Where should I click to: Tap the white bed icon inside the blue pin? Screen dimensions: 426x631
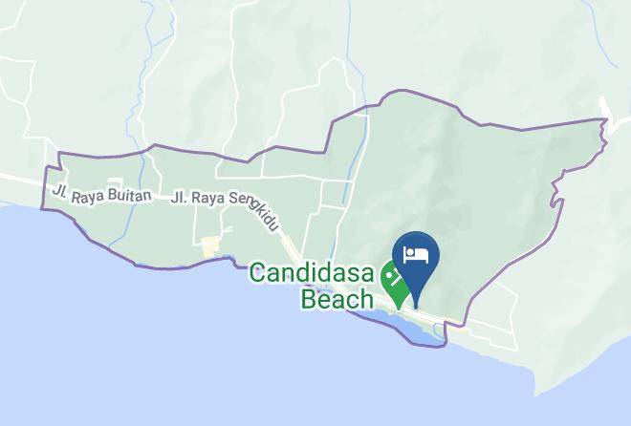coord(415,253)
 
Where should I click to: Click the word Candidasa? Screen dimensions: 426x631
coord(314,273)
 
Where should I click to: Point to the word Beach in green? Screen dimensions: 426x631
coord(337,299)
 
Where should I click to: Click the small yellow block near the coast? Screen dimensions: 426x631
coord(209,248)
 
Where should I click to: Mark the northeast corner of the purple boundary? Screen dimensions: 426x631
coord(605,120)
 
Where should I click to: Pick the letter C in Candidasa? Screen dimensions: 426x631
coord(258,273)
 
